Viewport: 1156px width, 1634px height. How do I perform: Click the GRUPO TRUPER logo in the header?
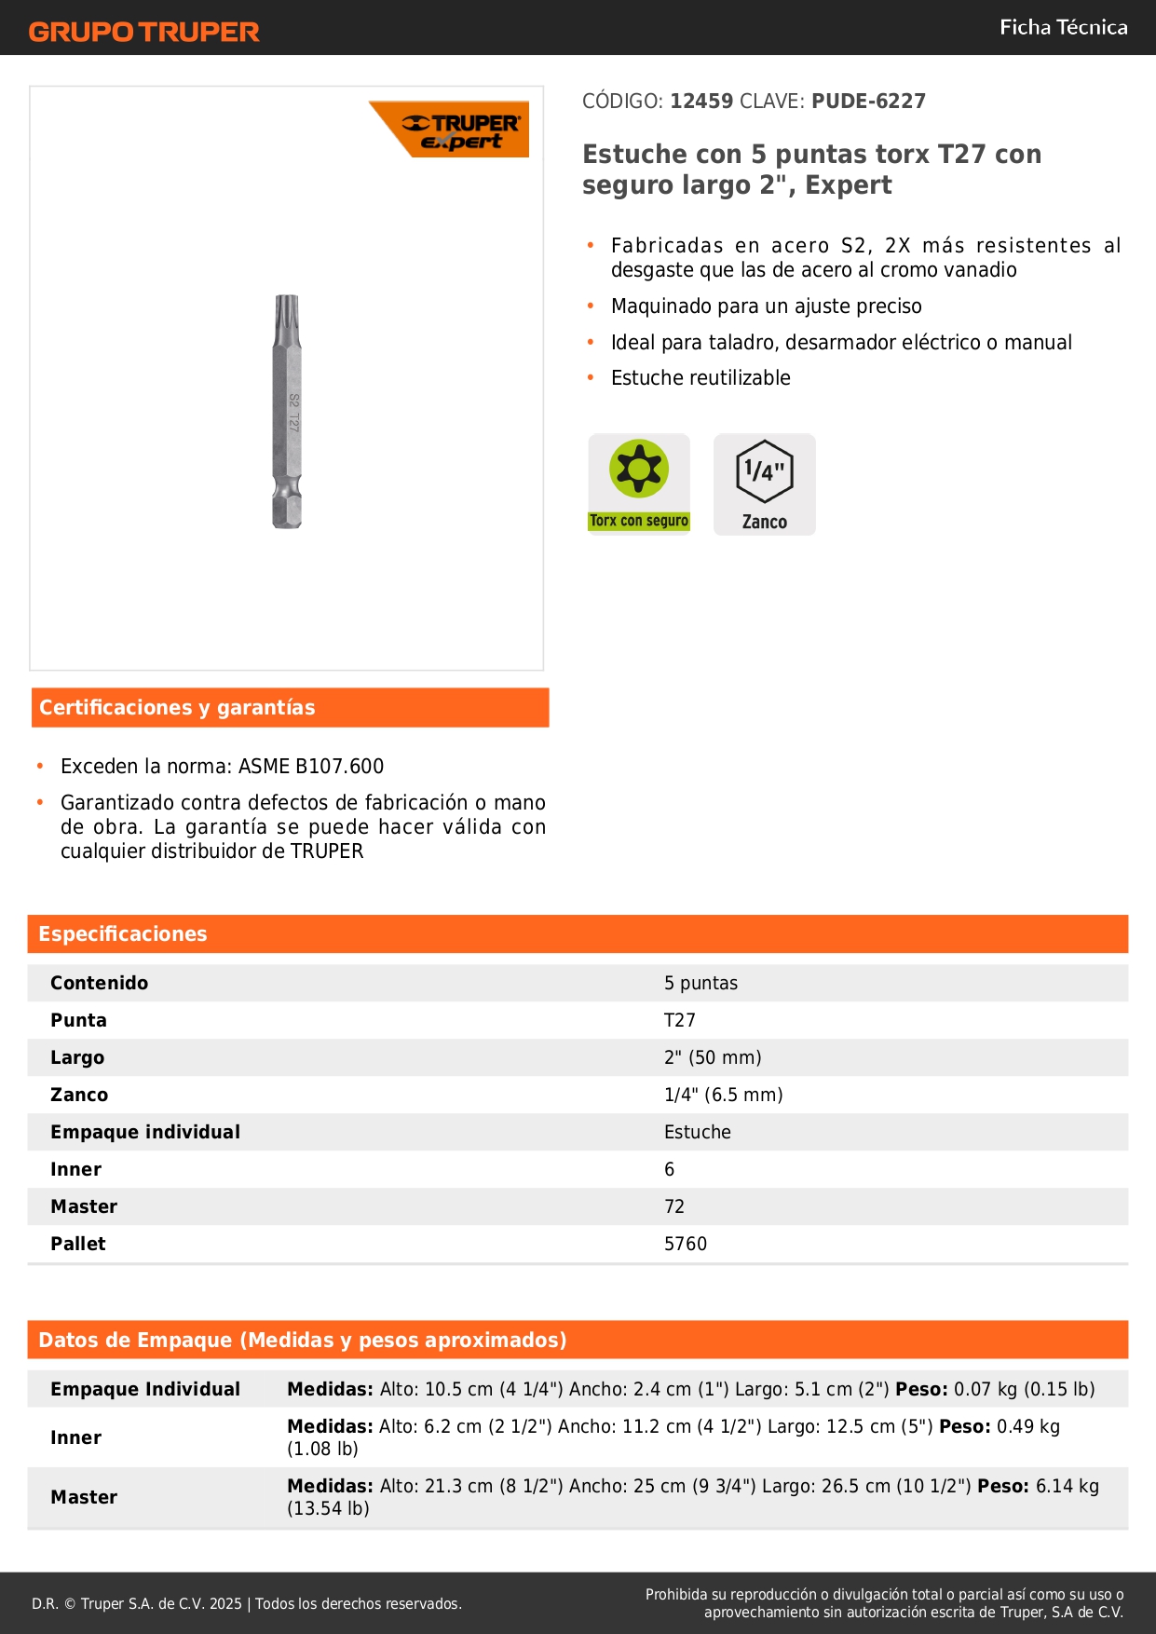[143, 32]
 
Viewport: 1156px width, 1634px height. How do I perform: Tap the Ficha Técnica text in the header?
[1063, 27]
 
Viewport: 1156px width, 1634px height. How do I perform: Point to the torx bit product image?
[287, 411]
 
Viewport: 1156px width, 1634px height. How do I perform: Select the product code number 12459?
[701, 101]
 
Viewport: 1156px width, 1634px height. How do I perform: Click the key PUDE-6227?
[868, 101]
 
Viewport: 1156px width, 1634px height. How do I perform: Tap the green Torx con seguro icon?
[639, 483]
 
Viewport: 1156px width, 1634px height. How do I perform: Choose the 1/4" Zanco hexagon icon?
[765, 483]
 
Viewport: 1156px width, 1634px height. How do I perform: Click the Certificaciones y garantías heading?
[177, 707]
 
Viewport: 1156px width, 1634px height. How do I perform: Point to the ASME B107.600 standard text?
[311, 766]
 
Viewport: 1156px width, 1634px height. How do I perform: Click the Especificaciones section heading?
[123, 933]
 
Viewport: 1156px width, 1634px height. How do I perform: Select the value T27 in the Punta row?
[680, 1020]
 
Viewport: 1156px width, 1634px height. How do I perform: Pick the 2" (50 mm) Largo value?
[713, 1057]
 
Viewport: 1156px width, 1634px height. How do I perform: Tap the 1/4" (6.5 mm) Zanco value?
[723, 1095]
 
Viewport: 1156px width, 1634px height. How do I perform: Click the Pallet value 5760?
[686, 1244]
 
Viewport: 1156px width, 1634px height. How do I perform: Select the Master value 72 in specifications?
[674, 1206]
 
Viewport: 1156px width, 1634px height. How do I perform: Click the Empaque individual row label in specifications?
[145, 1132]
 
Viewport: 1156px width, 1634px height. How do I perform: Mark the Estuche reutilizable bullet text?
[700, 377]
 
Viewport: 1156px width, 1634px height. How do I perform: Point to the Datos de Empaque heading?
[302, 1340]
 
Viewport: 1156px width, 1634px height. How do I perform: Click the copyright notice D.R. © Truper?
[246, 1603]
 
